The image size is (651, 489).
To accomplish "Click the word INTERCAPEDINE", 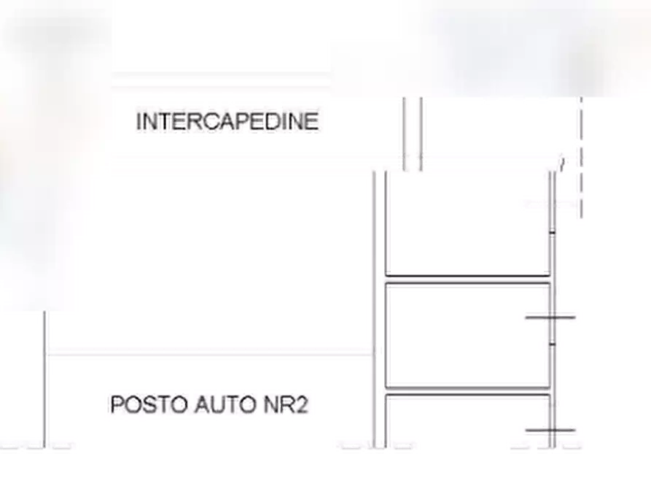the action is (227, 121).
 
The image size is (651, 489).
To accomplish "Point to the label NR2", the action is (286, 404).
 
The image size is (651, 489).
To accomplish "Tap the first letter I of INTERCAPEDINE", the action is (139, 121).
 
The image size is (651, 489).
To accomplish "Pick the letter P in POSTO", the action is (117, 404).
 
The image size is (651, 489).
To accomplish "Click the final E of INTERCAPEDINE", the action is (312, 121).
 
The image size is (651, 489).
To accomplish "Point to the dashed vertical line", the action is (581, 157).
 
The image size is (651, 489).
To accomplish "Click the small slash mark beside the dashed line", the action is (562, 163).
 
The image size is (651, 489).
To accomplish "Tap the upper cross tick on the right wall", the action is (550, 317).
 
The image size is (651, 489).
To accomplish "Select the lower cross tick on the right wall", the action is (550, 431).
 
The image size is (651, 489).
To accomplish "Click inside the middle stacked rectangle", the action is (468, 335).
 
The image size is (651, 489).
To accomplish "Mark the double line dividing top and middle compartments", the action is (468, 280).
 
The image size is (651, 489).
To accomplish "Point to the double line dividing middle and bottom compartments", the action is (468, 391).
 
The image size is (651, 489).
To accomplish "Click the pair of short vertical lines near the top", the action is (413, 134).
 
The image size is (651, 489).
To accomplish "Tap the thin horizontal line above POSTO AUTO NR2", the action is (210, 355).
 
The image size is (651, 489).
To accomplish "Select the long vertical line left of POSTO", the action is (45, 380).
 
